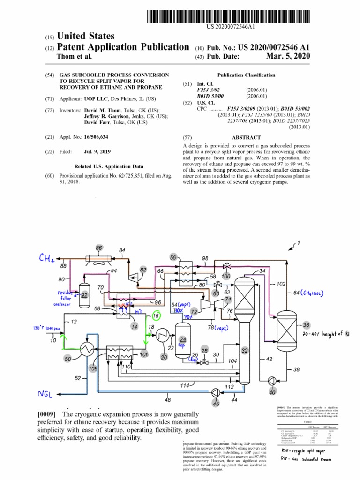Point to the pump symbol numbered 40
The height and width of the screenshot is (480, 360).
click(x=271, y=380)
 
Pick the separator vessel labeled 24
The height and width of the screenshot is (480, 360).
click(x=183, y=339)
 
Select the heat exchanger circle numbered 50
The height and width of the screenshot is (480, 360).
click(x=87, y=348)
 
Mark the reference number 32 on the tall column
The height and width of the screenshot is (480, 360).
click(x=244, y=350)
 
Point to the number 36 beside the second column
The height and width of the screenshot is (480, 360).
click(x=306, y=325)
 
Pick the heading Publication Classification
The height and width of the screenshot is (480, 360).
click(x=247, y=75)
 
